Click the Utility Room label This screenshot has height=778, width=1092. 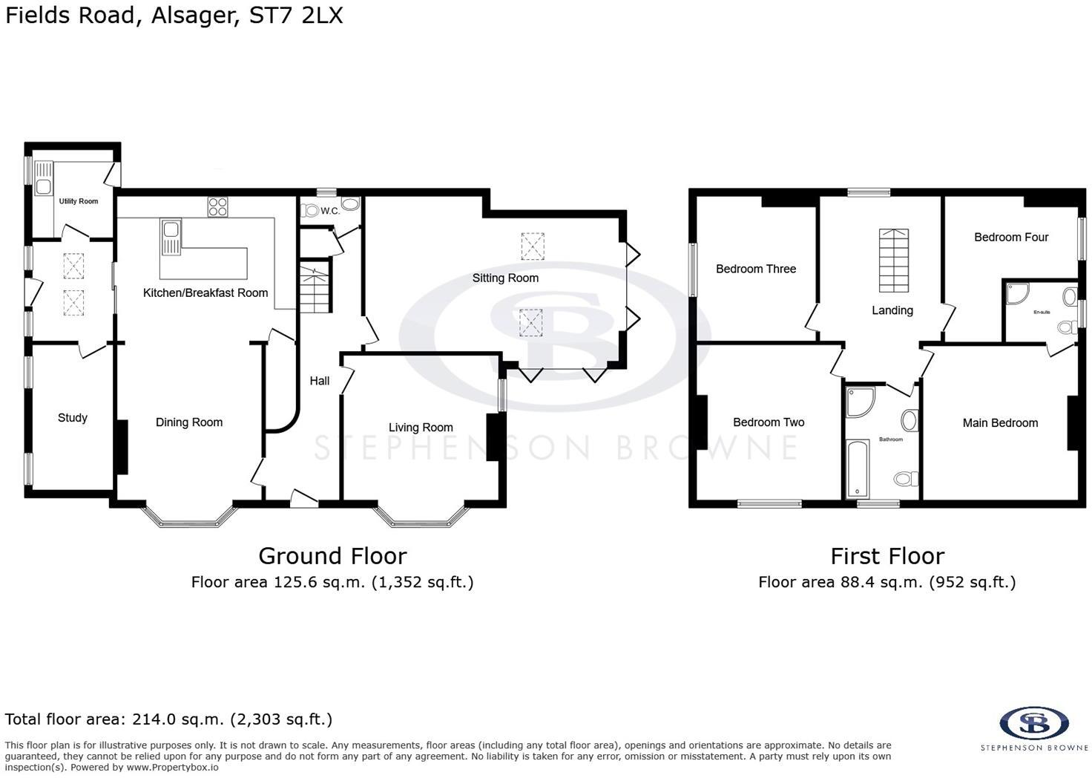click(x=78, y=201)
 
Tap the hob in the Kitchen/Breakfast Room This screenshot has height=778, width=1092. click(x=217, y=207)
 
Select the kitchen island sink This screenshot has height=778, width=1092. click(x=170, y=237)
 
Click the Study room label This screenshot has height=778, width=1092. click(x=73, y=418)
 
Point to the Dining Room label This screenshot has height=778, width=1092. click(x=189, y=422)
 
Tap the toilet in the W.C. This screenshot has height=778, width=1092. click(x=309, y=211)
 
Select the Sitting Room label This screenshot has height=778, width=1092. click(x=505, y=278)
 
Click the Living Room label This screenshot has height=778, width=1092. click(x=421, y=428)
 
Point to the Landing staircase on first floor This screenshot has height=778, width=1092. click(x=894, y=261)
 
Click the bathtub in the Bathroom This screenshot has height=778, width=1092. click(x=858, y=468)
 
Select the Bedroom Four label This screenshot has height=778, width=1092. click(x=1011, y=238)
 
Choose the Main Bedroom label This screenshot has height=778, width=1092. click(x=1000, y=423)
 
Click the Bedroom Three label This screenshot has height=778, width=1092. click(x=756, y=269)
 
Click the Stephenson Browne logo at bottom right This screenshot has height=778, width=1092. click(x=1034, y=723)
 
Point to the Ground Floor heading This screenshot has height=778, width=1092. click(x=332, y=556)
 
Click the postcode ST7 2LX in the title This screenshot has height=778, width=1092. click(x=296, y=16)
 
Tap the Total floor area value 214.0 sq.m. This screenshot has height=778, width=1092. click(x=177, y=719)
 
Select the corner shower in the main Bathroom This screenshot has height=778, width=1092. click(x=860, y=401)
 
